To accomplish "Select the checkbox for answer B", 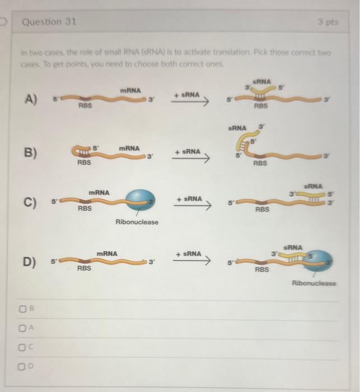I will [22, 309].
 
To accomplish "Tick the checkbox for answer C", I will [22, 347].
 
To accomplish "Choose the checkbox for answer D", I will [22, 367].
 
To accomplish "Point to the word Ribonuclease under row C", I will [137, 222].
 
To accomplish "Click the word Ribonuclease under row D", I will [314, 283].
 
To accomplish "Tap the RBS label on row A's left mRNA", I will [85, 105].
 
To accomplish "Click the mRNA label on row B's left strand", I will [129, 148].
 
